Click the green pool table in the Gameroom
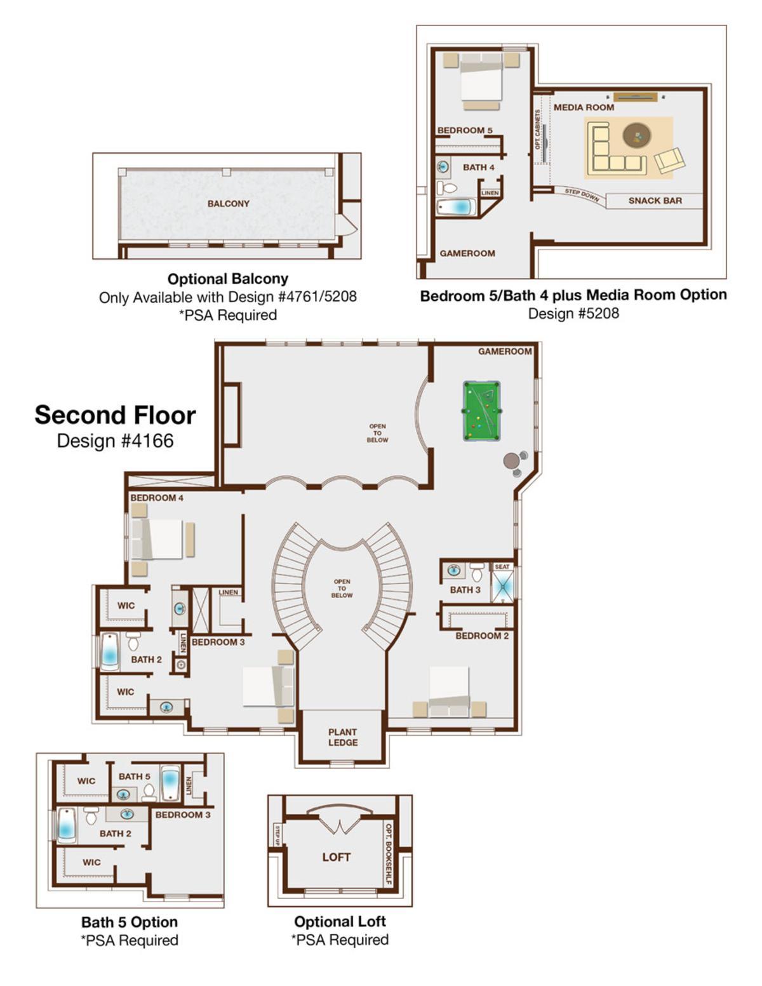(481, 411)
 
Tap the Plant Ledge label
(343, 737)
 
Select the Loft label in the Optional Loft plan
(337, 856)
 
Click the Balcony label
(228, 204)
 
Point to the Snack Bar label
(655, 201)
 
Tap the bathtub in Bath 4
(457, 208)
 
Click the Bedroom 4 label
(157, 498)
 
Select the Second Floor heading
(116, 415)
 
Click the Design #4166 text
(116, 441)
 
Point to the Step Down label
(582, 195)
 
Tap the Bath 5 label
(135, 776)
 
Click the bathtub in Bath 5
(171, 783)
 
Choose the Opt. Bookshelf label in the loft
(389, 855)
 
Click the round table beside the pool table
(511, 461)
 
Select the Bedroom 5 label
(465, 130)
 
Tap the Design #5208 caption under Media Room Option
(573, 313)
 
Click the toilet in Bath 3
(476, 572)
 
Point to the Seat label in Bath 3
(502, 567)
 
